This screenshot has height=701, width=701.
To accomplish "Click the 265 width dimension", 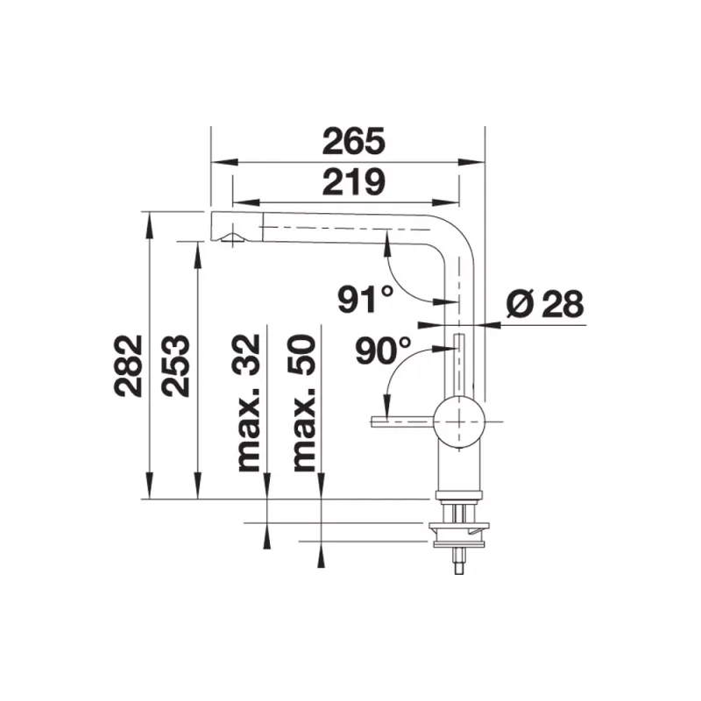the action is click(353, 141).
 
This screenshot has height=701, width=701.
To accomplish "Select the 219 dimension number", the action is click(353, 182).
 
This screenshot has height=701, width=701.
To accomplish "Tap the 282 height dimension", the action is click(128, 365).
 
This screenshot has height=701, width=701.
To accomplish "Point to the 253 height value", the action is click(176, 365).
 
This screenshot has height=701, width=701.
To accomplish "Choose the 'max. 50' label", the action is click(303, 402).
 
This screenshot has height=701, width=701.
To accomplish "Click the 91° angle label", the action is click(365, 299).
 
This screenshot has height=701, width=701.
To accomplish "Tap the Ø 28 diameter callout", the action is click(545, 303).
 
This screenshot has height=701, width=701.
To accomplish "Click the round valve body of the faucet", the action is click(459, 421).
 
